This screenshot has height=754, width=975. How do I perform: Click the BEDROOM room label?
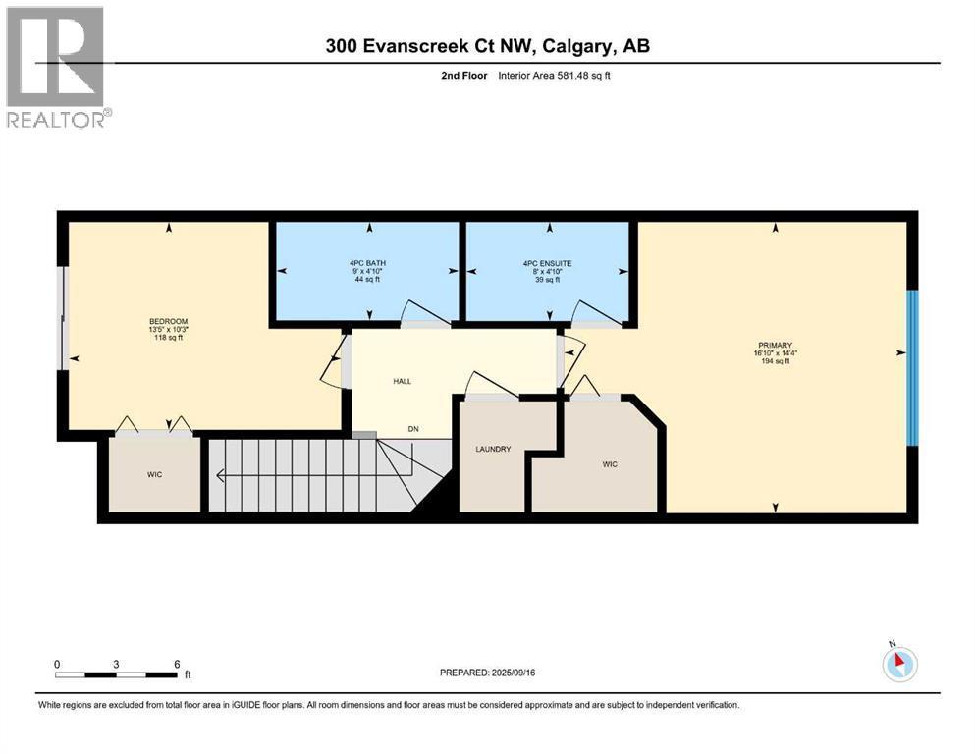click(x=169, y=321)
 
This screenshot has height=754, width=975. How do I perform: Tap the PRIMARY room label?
click(x=775, y=345)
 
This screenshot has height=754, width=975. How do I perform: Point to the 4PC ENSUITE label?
click(x=547, y=263)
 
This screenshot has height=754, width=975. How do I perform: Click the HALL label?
click(x=403, y=381)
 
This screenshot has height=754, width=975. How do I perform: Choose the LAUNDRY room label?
click(x=493, y=449)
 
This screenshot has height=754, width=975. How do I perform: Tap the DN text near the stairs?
click(x=413, y=429)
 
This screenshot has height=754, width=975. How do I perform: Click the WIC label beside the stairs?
click(x=154, y=474)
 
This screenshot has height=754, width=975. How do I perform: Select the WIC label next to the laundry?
click(x=610, y=464)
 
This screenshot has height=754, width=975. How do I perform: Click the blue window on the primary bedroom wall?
click(x=912, y=368)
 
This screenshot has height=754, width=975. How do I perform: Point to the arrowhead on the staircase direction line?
click(x=221, y=475)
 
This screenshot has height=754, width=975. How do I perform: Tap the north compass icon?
click(x=899, y=663)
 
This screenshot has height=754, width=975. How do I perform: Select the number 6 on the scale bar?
click(x=177, y=664)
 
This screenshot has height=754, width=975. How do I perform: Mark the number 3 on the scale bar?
click(x=116, y=664)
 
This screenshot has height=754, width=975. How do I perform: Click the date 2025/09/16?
click(x=513, y=673)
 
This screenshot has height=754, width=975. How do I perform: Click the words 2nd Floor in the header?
click(x=463, y=76)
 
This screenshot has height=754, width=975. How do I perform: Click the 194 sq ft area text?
click(x=775, y=361)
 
